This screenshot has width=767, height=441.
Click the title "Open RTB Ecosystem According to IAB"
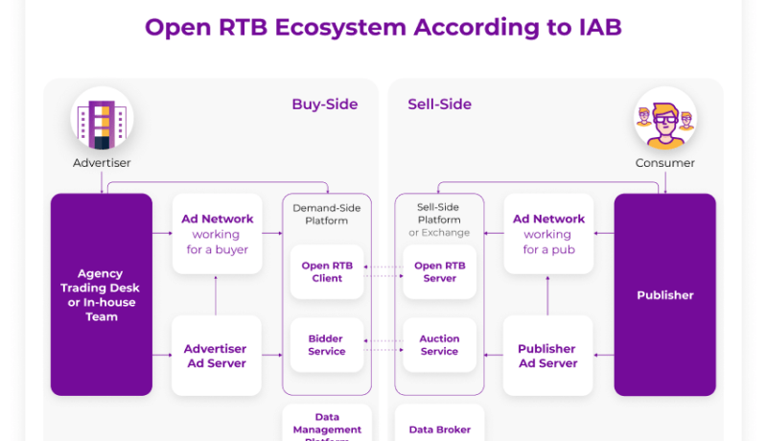click(x=383, y=27)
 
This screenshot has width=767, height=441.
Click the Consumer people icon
click(x=664, y=119)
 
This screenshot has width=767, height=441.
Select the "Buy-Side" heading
click(x=324, y=104)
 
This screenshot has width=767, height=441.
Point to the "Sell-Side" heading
click(x=439, y=104)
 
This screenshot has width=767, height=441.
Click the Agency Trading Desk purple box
click(x=102, y=294)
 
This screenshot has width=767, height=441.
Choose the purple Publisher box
click(x=664, y=294)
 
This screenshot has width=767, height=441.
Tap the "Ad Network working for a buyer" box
click(x=217, y=234)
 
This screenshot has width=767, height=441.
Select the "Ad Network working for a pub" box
click(x=547, y=234)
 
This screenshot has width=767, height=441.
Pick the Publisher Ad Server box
click(x=547, y=356)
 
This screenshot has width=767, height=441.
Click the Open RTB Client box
click(x=327, y=272)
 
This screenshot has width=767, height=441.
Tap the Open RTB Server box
click(x=440, y=272)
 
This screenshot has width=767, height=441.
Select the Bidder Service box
click(x=327, y=345)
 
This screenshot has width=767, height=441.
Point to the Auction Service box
click(x=440, y=345)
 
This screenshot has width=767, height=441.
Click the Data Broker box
click(x=440, y=429)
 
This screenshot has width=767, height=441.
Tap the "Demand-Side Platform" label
click(x=327, y=214)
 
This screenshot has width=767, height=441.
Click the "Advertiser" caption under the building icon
click(x=102, y=163)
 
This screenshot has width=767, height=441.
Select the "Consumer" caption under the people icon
click(x=664, y=163)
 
